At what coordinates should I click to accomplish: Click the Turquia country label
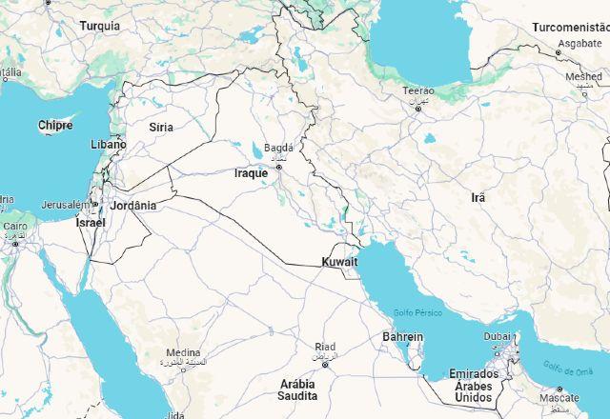click(x=100, y=26)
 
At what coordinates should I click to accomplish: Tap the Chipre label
click(x=55, y=125)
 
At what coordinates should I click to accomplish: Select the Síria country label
click(x=161, y=127)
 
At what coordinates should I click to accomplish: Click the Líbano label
click(x=108, y=145)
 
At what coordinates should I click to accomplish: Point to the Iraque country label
click(x=252, y=173)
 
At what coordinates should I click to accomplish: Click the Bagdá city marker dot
click(x=279, y=168)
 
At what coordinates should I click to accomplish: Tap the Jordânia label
click(x=132, y=205)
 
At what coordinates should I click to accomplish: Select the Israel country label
click(x=91, y=222)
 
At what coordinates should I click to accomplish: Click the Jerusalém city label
click(x=64, y=205)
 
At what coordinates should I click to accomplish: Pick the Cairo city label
click(x=15, y=227)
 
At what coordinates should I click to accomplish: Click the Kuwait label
click(x=340, y=262)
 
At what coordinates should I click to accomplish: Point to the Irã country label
click(x=478, y=197)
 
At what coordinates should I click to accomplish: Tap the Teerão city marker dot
click(x=417, y=109)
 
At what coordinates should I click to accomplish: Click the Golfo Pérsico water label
click(x=418, y=313)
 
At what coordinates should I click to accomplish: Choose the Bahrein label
click(x=402, y=336)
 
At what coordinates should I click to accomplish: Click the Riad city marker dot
click(x=325, y=365)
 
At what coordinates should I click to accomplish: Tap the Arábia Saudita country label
click(x=297, y=389)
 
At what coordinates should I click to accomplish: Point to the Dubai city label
click(x=497, y=336)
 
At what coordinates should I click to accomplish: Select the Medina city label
click(x=183, y=352)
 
